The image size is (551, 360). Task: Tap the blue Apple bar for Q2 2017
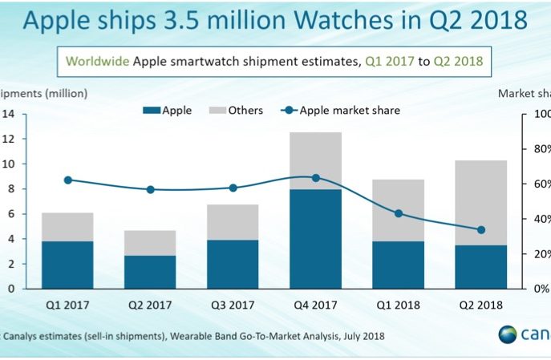150,272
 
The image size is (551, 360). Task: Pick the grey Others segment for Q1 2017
68,227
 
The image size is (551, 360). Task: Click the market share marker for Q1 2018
399,213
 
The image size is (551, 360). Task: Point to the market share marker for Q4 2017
315,178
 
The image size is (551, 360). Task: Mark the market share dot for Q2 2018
480,230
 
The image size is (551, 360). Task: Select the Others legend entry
236,111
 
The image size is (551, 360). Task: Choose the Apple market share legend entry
340,111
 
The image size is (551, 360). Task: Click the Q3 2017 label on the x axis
233,304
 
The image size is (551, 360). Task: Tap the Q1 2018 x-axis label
399,304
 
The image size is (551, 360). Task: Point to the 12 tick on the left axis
9,139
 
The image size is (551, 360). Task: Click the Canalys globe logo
508,335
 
